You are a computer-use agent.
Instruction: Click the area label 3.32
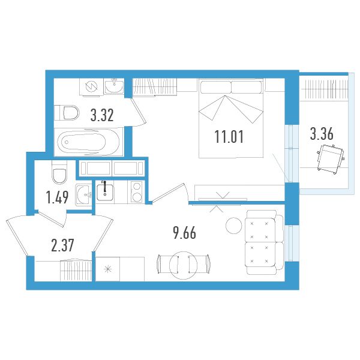pyautogui.click(x=102, y=115)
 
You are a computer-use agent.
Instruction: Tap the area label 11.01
pyautogui.click(x=229, y=136)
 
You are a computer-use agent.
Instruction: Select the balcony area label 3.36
pyautogui.click(x=322, y=134)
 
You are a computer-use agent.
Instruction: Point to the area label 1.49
pyautogui.click(x=58, y=197)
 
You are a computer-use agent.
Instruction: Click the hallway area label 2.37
pyautogui.click(x=62, y=245)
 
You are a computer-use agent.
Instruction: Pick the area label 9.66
pyautogui.click(x=185, y=233)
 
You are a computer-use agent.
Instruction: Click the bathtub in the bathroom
pyautogui.click(x=88, y=142)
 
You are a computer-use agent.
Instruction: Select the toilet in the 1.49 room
pyautogui.click(x=59, y=172)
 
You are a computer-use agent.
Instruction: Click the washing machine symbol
pyautogui.click(x=91, y=86)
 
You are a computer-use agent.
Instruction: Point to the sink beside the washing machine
pyautogui.click(x=114, y=86)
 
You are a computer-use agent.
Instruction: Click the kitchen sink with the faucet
pyautogui.click(x=105, y=191)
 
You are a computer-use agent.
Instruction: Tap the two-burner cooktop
pyautogui.click(x=136, y=192)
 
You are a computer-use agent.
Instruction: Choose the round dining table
pyautogui.click(x=183, y=265)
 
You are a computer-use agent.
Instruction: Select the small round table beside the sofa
pyautogui.click(x=234, y=226)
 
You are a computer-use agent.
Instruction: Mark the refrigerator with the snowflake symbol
pyautogui.click(x=107, y=269)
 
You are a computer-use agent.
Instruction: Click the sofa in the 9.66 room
pyautogui.click(x=264, y=242)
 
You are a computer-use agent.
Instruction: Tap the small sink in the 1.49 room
pyautogui.click(x=83, y=194)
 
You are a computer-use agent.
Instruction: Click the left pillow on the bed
pyautogui.click(x=215, y=87)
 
